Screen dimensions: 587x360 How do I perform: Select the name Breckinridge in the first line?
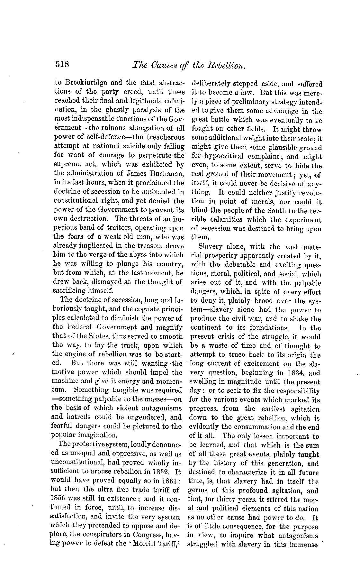[80, 84]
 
